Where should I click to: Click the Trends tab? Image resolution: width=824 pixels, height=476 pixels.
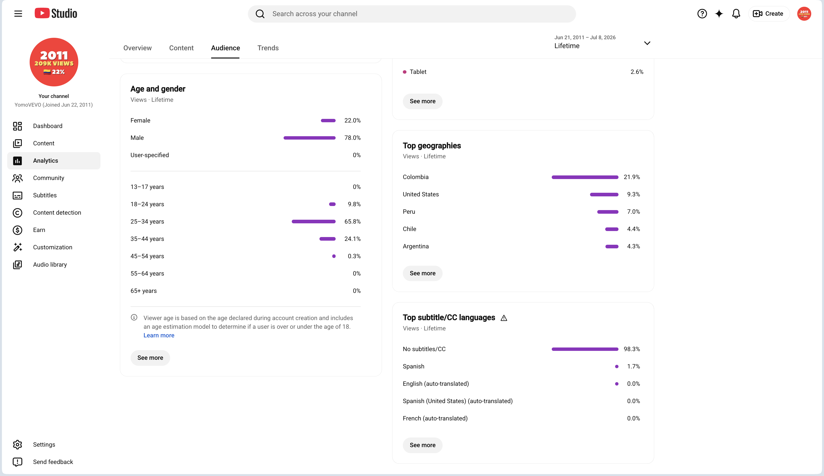[x=268, y=48]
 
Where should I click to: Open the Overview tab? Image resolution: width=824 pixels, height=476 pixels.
[x=137, y=48]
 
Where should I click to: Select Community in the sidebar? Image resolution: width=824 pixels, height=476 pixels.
[x=48, y=178]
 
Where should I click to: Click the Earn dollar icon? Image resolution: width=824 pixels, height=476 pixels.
[x=17, y=230]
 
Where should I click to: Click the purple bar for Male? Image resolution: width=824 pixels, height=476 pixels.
[x=309, y=138]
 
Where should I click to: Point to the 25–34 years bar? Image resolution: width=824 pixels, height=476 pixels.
[x=314, y=221]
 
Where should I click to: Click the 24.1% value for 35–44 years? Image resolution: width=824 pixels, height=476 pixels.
[x=352, y=239]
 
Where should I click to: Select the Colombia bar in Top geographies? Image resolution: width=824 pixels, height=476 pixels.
[x=585, y=177]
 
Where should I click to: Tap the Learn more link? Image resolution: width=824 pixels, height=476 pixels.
[x=159, y=335]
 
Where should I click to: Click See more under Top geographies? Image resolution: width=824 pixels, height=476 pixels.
[x=422, y=273]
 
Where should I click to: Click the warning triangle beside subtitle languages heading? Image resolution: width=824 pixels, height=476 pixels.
[x=504, y=318]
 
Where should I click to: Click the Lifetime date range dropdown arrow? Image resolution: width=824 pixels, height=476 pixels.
[x=647, y=43]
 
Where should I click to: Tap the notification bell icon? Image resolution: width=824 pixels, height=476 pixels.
[x=736, y=14]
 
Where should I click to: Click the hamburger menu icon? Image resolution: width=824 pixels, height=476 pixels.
[x=18, y=14]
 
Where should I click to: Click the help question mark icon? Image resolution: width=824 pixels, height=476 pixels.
[x=702, y=14]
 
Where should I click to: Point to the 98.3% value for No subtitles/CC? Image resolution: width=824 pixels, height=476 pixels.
[x=632, y=349]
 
